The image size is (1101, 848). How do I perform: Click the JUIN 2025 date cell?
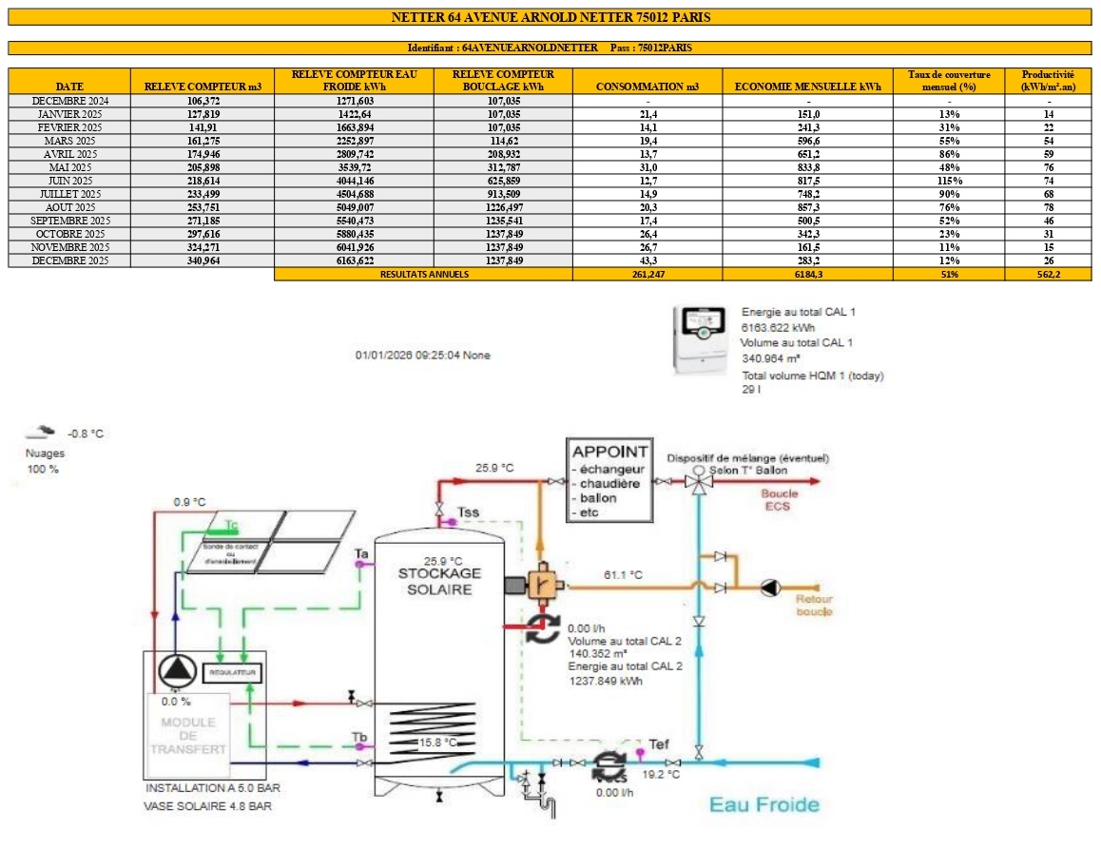click(69, 181)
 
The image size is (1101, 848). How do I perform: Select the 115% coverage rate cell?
click(949, 181)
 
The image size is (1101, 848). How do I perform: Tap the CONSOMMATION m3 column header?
click(647, 87)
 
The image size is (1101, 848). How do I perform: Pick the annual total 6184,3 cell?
click(807, 274)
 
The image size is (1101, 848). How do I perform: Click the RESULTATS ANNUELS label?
click(423, 274)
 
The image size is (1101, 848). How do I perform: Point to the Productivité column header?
click(1048, 80)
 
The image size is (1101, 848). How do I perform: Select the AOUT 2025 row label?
click(69, 207)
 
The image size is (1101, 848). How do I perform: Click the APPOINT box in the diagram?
click(608, 480)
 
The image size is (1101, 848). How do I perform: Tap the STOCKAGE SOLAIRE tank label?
click(439, 581)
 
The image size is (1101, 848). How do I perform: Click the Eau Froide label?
click(764, 805)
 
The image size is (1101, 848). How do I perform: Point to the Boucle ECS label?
click(780, 499)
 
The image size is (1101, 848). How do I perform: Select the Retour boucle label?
click(814, 606)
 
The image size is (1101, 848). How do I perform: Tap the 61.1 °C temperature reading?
click(625, 575)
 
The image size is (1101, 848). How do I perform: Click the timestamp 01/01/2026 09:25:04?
click(409, 356)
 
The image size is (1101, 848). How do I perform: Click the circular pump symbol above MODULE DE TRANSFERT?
click(175, 670)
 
